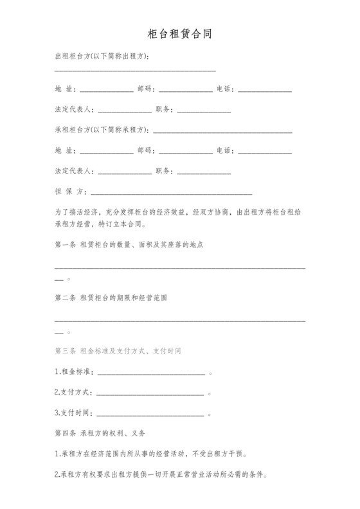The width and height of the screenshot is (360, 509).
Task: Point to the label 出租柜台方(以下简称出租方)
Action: (102, 57)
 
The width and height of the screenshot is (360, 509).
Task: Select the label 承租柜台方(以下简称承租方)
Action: (102, 129)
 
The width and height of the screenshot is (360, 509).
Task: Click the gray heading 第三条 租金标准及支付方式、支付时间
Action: (118, 351)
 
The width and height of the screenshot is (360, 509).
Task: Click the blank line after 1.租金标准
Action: (151, 375)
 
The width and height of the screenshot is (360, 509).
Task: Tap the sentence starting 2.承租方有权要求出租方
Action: (161, 475)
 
